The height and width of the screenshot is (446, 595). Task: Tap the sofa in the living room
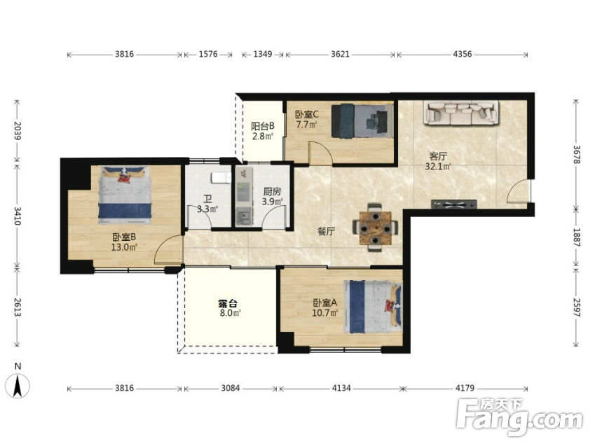(461, 113)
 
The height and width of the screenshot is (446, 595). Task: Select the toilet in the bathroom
(221, 178)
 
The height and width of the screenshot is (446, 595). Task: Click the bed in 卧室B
(125, 195)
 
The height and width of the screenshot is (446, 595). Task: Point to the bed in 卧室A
(373, 307)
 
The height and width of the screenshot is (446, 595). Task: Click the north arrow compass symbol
(18, 385)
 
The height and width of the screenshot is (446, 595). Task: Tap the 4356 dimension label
(462, 54)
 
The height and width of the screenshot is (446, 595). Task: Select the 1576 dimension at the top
(208, 54)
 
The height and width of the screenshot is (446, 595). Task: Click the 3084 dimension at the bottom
(231, 388)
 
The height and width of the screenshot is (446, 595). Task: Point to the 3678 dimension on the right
(576, 155)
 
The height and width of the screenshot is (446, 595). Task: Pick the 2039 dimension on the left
(17, 131)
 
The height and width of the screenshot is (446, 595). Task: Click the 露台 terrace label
(228, 303)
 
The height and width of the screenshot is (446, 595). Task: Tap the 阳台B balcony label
(263, 126)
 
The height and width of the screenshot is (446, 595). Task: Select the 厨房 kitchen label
(272, 192)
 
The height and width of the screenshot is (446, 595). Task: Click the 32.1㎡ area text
(438, 166)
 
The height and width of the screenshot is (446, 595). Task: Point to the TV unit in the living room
(454, 204)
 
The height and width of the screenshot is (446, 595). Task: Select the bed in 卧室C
(362, 120)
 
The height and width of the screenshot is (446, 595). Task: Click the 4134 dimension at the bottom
(341, 388)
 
